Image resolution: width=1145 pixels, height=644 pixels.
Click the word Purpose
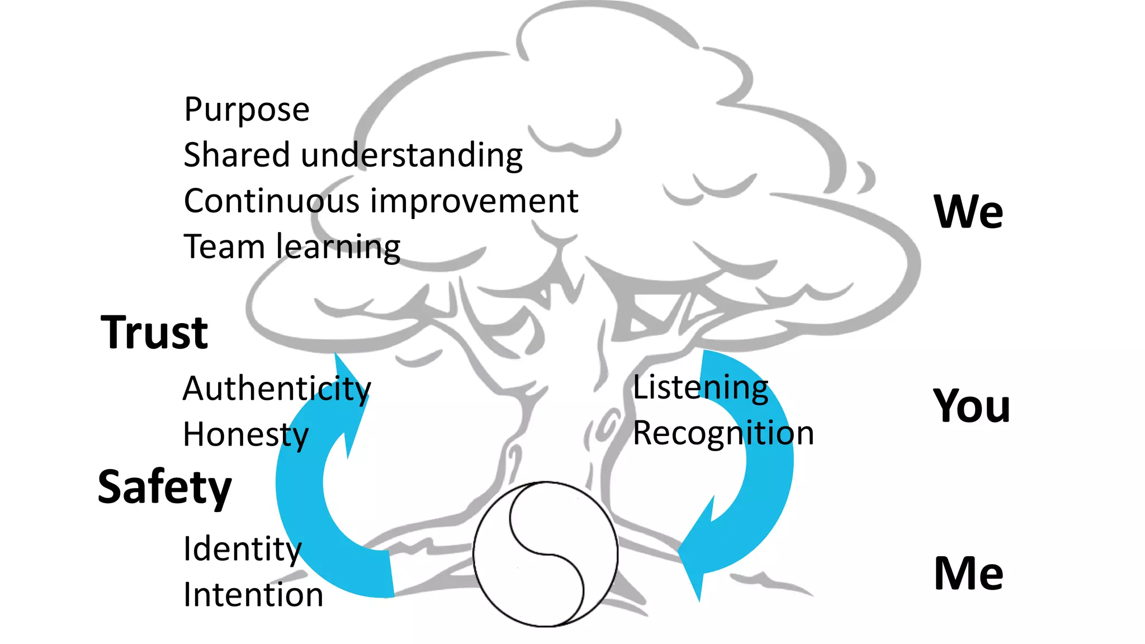coord(247,110)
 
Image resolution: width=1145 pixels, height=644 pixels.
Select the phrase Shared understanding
coord(353,155)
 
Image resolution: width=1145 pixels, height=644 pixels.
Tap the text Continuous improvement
coord(381,201)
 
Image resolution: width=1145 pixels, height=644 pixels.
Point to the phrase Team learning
coord(292,247)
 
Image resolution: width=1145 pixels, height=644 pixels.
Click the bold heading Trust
coord(154,333)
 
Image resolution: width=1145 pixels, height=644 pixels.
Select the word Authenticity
coord(277,389)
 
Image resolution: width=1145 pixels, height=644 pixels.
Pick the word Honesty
coord(245,435)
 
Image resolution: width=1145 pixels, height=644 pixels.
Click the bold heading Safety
coord(164,487)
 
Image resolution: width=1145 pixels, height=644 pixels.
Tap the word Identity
coord(242,549)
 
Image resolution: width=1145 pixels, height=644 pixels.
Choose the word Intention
coord(253,595)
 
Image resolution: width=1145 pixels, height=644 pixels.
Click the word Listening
coord(701,387)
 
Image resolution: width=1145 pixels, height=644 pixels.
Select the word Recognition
coord(723,433)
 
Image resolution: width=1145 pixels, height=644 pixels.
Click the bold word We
coord(968,212)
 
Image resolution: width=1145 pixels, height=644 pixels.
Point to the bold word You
coord(972,406)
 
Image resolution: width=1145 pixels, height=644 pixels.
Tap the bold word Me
coord(968,574)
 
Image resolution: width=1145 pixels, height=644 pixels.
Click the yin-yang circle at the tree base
coord(545,554)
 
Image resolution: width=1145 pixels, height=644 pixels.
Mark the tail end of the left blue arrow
coord(386,573)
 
